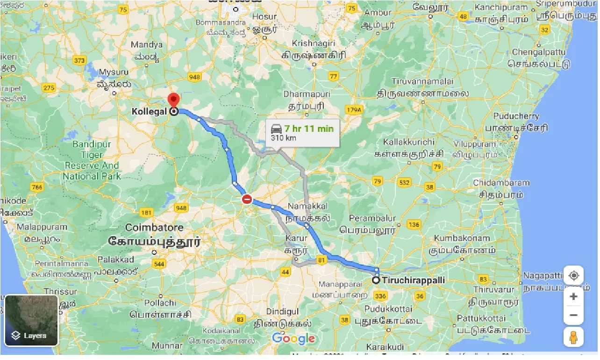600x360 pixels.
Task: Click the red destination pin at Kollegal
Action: pos(174,99)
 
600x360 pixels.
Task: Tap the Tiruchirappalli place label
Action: pos(413,281)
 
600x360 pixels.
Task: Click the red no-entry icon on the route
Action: pos(247,200)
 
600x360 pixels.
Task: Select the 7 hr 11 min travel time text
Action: pos(308,128)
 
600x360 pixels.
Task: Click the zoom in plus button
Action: pos(573,296)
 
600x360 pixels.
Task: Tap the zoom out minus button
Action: pos(573,315)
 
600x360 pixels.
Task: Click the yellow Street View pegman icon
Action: pos(573,337)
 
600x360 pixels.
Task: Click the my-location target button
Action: pos(573,275)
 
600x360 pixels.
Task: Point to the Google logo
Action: pos(293,339)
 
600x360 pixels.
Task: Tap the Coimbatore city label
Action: pos(154,228)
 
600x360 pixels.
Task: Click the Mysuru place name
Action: pos(113,72)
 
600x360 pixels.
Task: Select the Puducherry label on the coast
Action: pos(518,116)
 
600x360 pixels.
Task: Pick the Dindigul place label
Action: pos(282,311)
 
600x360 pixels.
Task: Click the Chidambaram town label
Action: pos(501,182)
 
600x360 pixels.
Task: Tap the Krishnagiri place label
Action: pos(314,43)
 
